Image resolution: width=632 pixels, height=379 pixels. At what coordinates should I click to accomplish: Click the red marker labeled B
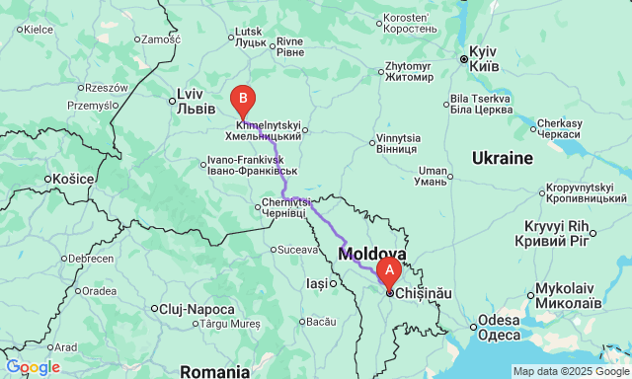[x=242, y=99]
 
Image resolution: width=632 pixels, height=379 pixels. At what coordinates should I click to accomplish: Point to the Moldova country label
[x=372, y=254]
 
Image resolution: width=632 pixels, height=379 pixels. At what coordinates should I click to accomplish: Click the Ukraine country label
[x=502, y=158]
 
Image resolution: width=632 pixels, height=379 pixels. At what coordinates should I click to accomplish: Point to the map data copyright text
[x=570, y=371]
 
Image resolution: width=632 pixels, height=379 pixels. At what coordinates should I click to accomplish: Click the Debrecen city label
[x=90, y=259]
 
